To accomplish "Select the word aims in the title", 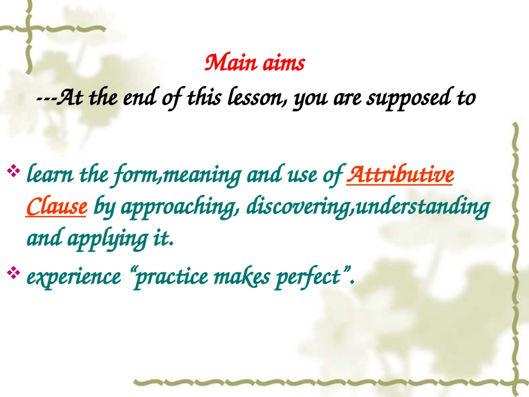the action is (284, 63).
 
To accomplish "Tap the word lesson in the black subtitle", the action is (257, 98).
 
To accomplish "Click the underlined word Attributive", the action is (400, 174).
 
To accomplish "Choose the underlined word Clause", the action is (56, 207).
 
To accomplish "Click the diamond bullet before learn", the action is (13, 170).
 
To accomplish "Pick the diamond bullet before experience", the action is (13, 272).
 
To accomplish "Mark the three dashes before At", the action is (46, 99).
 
